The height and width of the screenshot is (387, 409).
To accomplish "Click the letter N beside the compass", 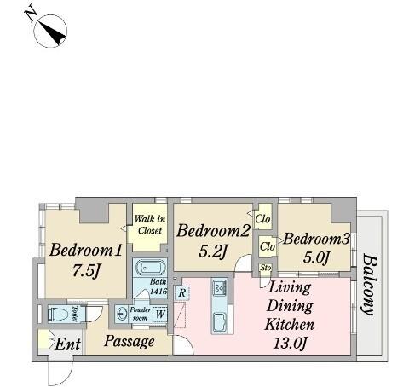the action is [31, 14].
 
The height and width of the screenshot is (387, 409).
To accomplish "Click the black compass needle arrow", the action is [53, 32].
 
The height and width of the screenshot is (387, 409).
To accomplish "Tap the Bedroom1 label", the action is [86, 250].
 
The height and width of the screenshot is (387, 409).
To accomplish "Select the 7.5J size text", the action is [86, 270].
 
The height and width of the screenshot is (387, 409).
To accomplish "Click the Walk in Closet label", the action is [150, 224].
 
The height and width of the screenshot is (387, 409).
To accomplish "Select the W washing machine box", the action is [160, 314].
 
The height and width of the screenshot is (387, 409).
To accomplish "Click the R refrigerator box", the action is [182, 292].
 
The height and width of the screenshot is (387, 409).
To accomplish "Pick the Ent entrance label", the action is [67, 344].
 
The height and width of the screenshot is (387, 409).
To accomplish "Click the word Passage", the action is [130, 341].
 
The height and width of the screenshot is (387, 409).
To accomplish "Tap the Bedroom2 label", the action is [213, 230].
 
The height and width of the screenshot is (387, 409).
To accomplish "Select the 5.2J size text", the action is [213, 251].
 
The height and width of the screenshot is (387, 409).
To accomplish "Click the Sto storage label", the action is [266, 268].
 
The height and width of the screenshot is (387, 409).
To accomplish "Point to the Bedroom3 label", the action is [316, 239].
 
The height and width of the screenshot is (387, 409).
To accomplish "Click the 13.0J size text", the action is [290, 343].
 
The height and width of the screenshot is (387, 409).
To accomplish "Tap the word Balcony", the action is [370, 285].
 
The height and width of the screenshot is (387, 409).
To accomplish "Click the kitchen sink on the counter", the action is [220, 321].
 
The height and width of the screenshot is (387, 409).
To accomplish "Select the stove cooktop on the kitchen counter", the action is [220, 288].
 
